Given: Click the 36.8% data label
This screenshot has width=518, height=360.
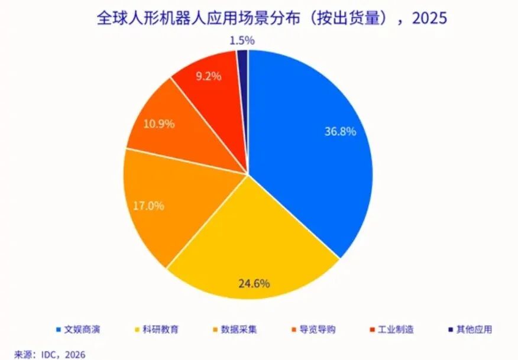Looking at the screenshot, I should click(x=340, y=132).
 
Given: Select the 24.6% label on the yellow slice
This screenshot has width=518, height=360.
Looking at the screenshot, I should click(x=254, y=283).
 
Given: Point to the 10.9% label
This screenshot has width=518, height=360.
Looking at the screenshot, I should click(x=158, y=125).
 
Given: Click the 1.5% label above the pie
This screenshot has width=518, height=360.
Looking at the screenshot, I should click(x=241, y=41).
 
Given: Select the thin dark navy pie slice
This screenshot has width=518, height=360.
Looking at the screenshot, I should click(x=242, y=59).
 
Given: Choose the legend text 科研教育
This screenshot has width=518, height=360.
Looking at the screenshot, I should click(x=161, y=329).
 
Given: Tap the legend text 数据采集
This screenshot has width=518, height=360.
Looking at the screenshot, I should click(x=239, y=329).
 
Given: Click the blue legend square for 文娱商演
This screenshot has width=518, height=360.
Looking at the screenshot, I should click(x=58, y=329).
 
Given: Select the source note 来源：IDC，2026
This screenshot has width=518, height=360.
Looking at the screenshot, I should click(x=50, y=354).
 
